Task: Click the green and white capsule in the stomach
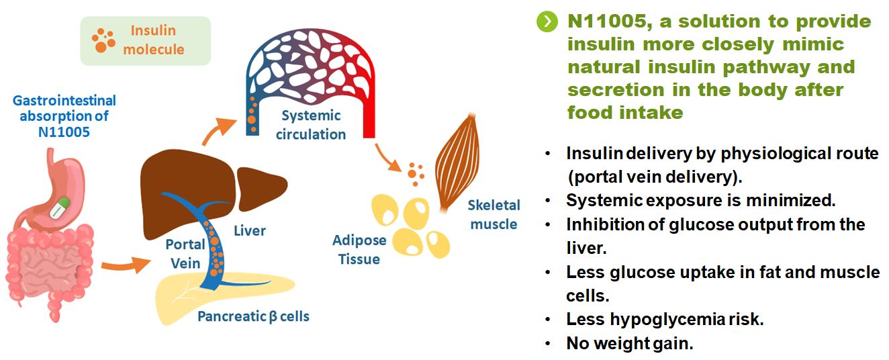(60, 208)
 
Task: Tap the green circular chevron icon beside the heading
(547, 21)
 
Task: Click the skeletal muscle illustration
(458, 162)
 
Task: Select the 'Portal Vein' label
(185, 254)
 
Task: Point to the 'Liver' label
(250, 230)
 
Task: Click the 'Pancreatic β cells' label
(253, 316)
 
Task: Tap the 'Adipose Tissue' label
(359, 250)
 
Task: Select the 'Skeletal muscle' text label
(494, 215)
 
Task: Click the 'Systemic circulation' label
(311, 125)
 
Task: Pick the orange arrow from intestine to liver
(126, 265)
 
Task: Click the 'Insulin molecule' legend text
(154, 40)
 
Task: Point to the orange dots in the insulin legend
(103, 40)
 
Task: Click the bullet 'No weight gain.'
(629, 343)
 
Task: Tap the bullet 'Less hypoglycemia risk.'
(665, 319)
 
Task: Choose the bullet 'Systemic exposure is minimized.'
(701, 200)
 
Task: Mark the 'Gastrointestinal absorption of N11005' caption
(64, 116)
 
